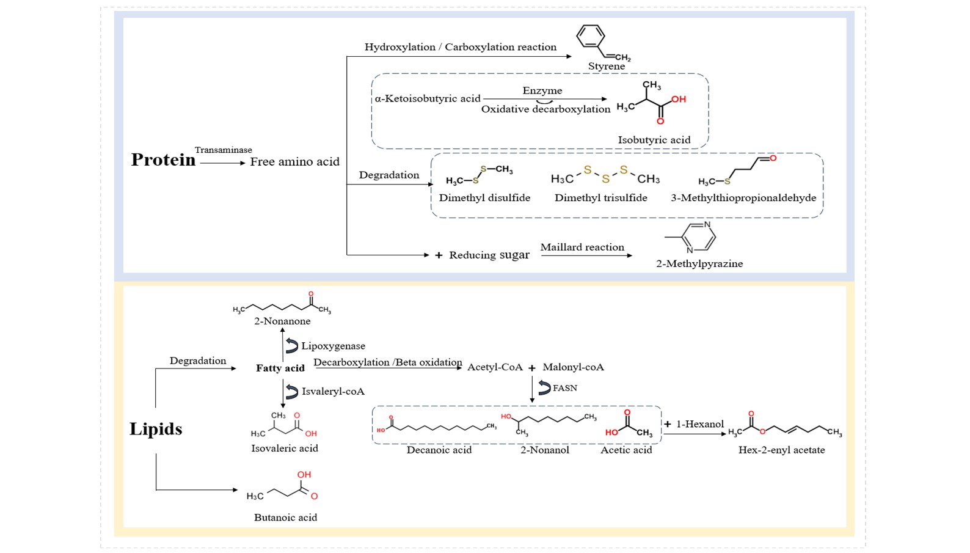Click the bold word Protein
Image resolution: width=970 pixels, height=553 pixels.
[163, 160]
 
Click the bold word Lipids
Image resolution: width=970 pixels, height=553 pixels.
[156, 429]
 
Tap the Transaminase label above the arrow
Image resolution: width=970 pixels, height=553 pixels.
[224, 150]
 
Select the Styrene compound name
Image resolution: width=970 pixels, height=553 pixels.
[606, 66]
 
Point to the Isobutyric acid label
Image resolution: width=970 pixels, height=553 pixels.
[654, 140]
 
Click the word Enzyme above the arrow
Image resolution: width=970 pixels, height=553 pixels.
[542, 90]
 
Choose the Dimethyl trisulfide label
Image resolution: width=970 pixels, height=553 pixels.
[601, 198]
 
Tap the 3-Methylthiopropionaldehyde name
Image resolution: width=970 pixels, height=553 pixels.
[743, 198]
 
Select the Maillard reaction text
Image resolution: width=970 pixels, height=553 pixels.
[582, 247]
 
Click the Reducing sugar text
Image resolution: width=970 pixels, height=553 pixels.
[489, 255]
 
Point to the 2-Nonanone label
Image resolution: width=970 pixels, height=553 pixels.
[282, 321]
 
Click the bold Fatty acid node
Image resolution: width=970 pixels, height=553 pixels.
[280, 368]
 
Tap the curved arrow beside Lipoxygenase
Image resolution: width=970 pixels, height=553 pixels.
[292, 346]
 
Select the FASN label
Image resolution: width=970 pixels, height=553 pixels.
[564, 388]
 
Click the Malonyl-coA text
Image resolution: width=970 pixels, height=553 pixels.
[574, 367]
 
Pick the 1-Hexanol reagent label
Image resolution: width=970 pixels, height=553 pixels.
[700, 425]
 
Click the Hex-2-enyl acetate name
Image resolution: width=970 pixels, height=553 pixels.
[781, 450]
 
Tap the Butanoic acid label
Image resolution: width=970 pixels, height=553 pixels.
[285, 518]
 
